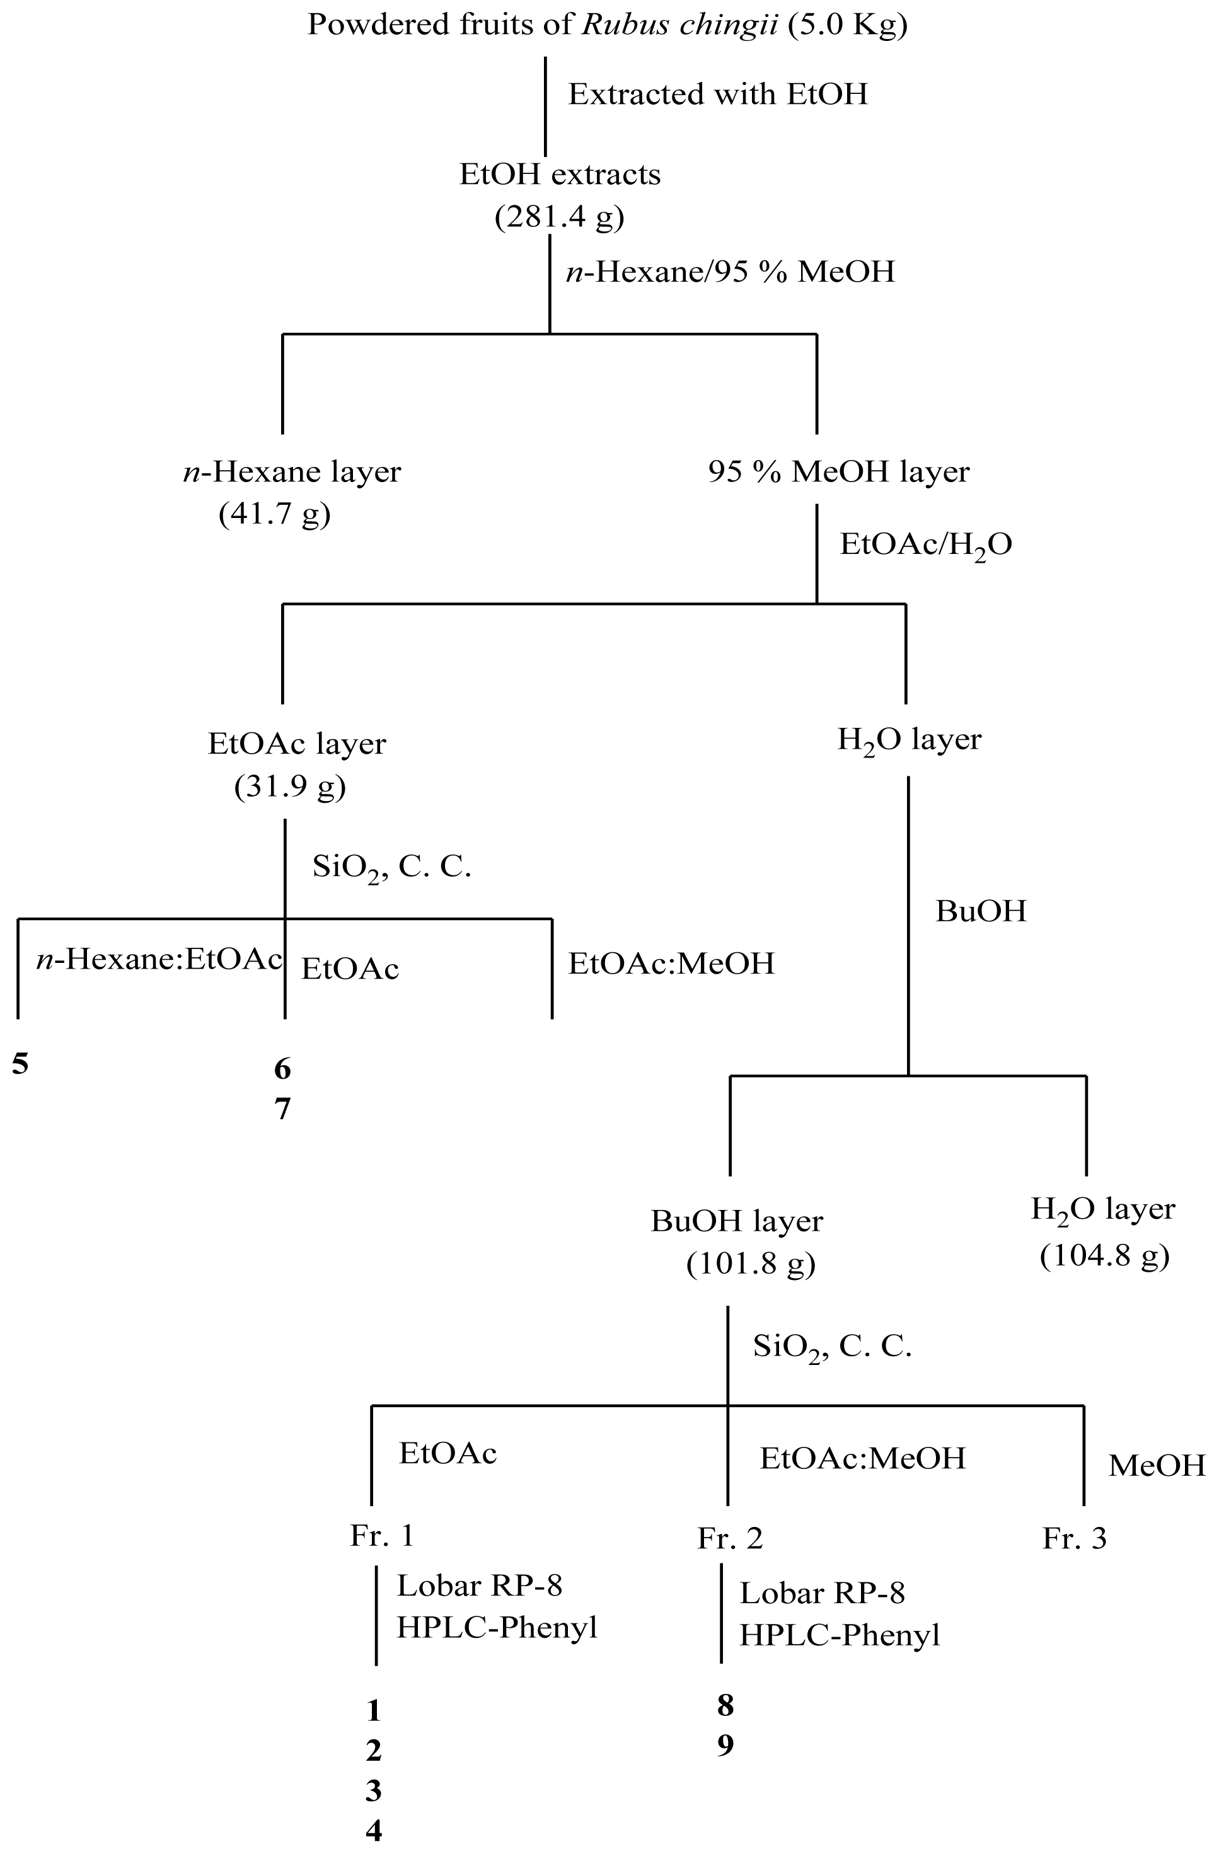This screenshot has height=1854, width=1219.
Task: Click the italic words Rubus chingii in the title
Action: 681,25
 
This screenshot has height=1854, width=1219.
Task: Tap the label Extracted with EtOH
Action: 717,95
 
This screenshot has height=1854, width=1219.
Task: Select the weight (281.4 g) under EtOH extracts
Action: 559,217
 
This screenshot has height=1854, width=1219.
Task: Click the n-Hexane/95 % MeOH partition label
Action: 730,272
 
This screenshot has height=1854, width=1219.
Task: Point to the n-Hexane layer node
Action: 292,472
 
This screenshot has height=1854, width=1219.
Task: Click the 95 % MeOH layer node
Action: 838,472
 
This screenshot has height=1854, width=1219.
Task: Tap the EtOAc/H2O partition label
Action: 925,544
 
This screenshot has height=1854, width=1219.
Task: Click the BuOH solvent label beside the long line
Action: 981,911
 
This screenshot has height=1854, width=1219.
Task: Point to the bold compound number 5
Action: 20,1063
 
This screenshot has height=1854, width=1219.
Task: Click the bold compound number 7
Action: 283,1108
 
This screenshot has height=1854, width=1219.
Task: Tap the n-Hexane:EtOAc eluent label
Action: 159,960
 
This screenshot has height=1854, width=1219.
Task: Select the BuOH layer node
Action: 736,1221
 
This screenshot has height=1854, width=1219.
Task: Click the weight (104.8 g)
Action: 1104,1256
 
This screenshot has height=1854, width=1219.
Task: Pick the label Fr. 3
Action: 1074,1538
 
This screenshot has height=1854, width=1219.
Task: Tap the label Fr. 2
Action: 730,1538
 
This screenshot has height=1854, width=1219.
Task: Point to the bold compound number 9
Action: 725,1746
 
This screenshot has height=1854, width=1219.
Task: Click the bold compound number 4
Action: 374,1831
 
